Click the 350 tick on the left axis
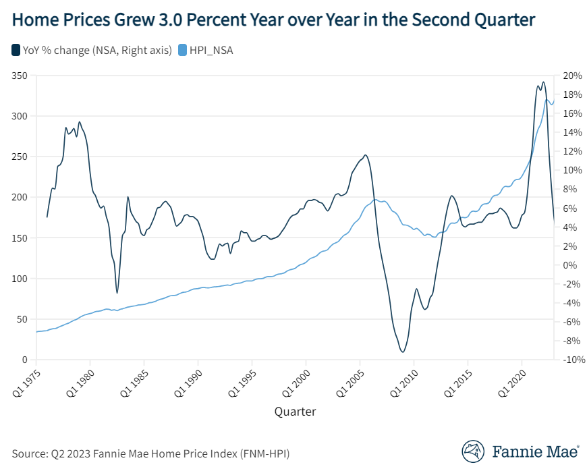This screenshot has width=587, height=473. coord(19,76)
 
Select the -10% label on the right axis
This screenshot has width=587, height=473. coord(569,360)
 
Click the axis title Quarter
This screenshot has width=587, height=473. coord(295,411)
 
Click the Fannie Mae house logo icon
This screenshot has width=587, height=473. coord(473,452)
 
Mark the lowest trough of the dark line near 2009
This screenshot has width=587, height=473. coord(403,352)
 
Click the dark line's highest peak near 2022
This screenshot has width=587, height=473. coord(543,82)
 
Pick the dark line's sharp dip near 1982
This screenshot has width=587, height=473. coord(117,293)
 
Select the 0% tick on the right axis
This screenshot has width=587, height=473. coord(567,265)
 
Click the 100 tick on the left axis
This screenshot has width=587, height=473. coord(19,279)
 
